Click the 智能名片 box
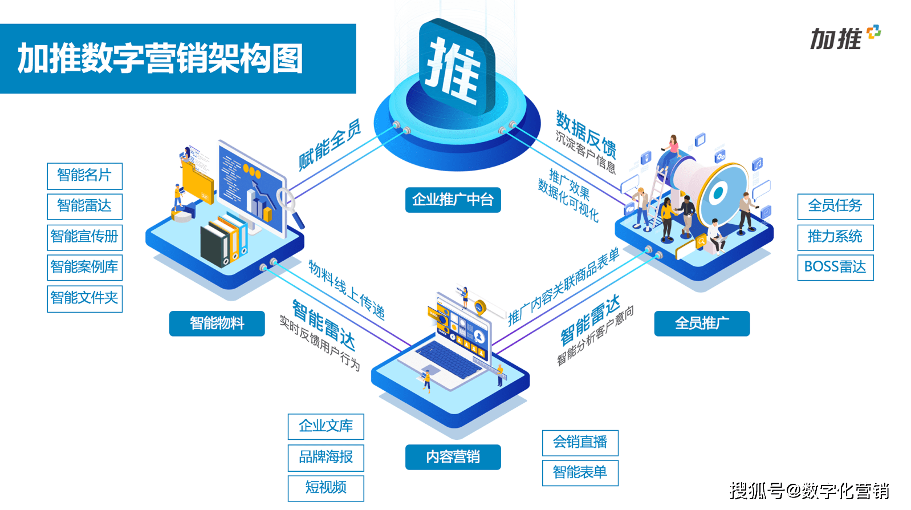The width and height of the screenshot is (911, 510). [x=84, y=176]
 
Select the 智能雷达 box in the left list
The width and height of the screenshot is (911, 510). [x=84, y=207]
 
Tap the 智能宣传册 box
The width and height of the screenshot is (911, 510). [x=84, y=237]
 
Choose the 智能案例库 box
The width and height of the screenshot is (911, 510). [x=84, y=268]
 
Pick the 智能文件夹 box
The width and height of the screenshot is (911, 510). [x=84, y=299]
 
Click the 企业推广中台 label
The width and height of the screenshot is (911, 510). [x=453, y=200]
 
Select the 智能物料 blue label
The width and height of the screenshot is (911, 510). [x=217, y=323]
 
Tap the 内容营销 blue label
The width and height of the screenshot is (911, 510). [x=453, y=457]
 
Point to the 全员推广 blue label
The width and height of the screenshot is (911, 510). [x=702, y=323]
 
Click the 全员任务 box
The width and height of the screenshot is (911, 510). [x=835, y=207]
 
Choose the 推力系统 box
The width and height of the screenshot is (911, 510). [x=835, y=237]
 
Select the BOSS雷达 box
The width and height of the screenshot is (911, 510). [x=835, y=268]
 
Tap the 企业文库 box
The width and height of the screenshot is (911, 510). [x=326, y=427]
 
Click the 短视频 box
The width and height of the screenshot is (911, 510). [x=326, y=488]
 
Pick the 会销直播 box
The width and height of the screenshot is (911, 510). [x=580, y=443]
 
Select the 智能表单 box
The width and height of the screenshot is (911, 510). [x=580, y=473]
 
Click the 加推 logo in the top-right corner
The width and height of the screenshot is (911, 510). [x=845, y=38]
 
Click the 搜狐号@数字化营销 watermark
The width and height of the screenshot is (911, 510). [x=810, y=491]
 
